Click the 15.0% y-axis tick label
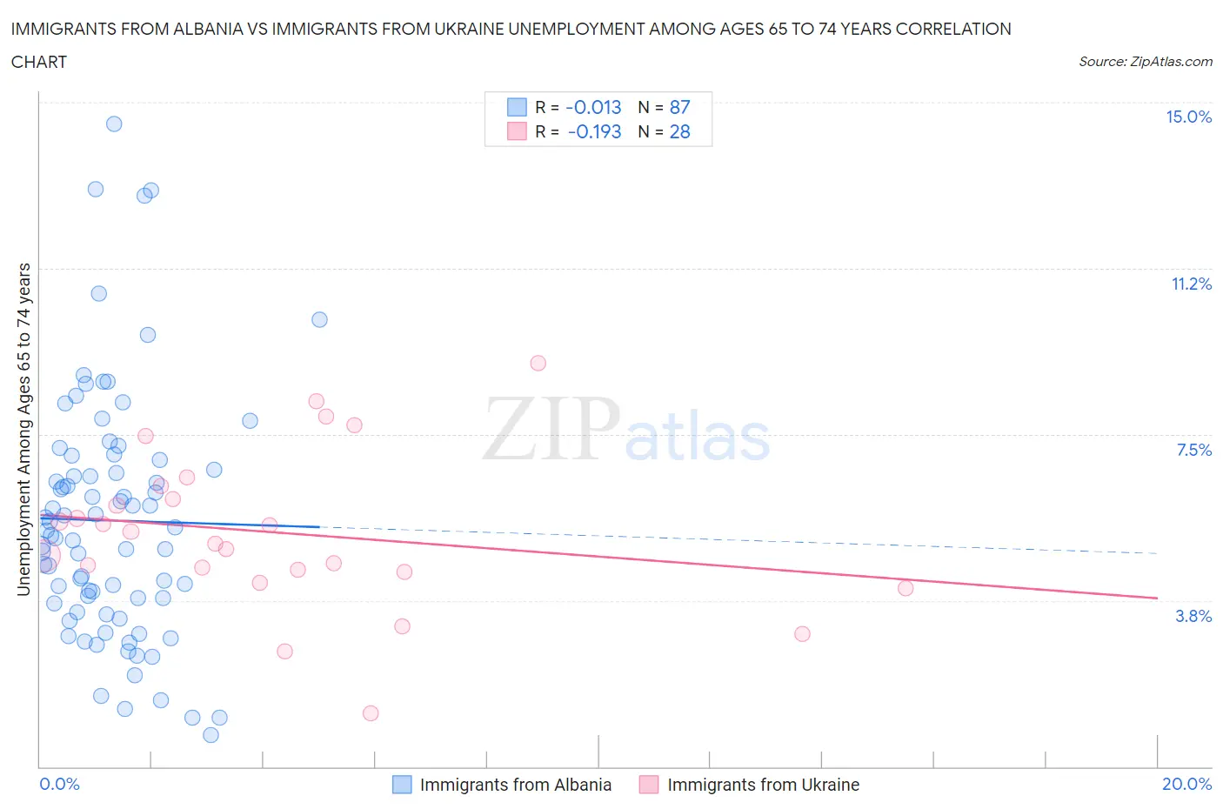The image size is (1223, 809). pyautogui.click(x=1188, y=117)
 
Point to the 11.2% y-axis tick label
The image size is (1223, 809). pyautogui.click(x=1191, y=284)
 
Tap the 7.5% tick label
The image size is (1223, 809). pyautogui.click(x=1193, y=451)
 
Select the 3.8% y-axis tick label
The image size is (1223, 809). pyautogui.click(x=1193, y=617)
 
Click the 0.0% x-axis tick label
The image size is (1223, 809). pyautogui.click(x=59, y=785)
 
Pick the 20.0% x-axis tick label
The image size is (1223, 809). pyautogui.click(x=1186, y=785)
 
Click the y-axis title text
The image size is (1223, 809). pyautogui.click(x=24, y=430)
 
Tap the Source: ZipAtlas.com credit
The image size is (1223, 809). pyautogui.click(x=1145, y=62)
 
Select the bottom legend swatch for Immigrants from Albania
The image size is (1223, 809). pyautogui.click(x=402, y=785)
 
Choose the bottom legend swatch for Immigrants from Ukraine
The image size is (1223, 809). pyautogui.click(x=649, y=785)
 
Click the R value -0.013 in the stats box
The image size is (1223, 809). pyautogui.click(x=593, y=108)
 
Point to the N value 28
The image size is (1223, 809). pyautogui.click(x=679, y=132)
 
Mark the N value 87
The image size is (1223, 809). pyautogui.click(x=679, y=108)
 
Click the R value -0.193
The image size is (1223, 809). pyautogui.click(x=594, y=132)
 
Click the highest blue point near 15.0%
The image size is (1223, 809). pyautogui.click(x=114, y=124)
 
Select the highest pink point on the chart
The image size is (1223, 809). pyautogui.click(x=538, y=364)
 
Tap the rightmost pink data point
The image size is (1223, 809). pyautogui.click(x=906, y=588)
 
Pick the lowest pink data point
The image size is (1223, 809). pyautogui.click(x=371, y=713)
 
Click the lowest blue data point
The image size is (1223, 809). pyautogui.click(x=211, y=735)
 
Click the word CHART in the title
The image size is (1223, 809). pyautogui.click(x=39, y=62)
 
